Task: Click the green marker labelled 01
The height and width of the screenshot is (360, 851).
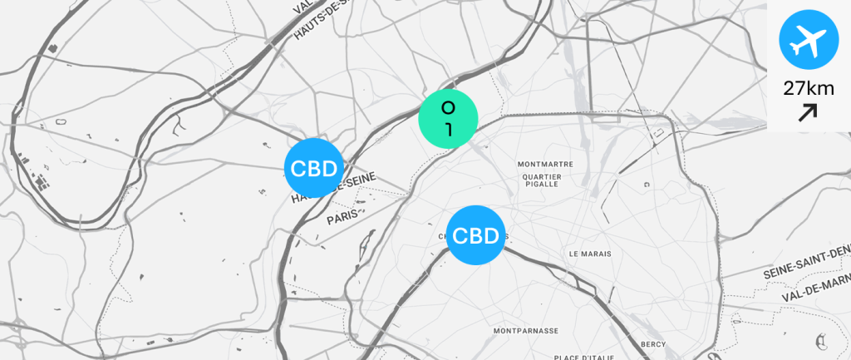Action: (x=448, y=119)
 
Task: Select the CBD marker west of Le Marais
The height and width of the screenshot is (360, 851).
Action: (x=476, y=235)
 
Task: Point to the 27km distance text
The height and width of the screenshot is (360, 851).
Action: (x=809, y=88)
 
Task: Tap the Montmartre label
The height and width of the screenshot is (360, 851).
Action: (x=545, y=164)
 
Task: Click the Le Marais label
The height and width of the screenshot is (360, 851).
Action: (x=590, y=253)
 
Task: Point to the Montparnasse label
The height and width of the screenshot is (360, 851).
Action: (x=525, y=330)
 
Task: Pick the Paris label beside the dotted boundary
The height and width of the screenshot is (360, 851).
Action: (x=342, y=217)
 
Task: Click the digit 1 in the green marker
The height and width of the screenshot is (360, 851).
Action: (x=448, y=129)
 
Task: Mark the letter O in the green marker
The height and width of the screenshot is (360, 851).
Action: (x=448, y=108)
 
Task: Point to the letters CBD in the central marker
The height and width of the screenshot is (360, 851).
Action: (x=476, y=235)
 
